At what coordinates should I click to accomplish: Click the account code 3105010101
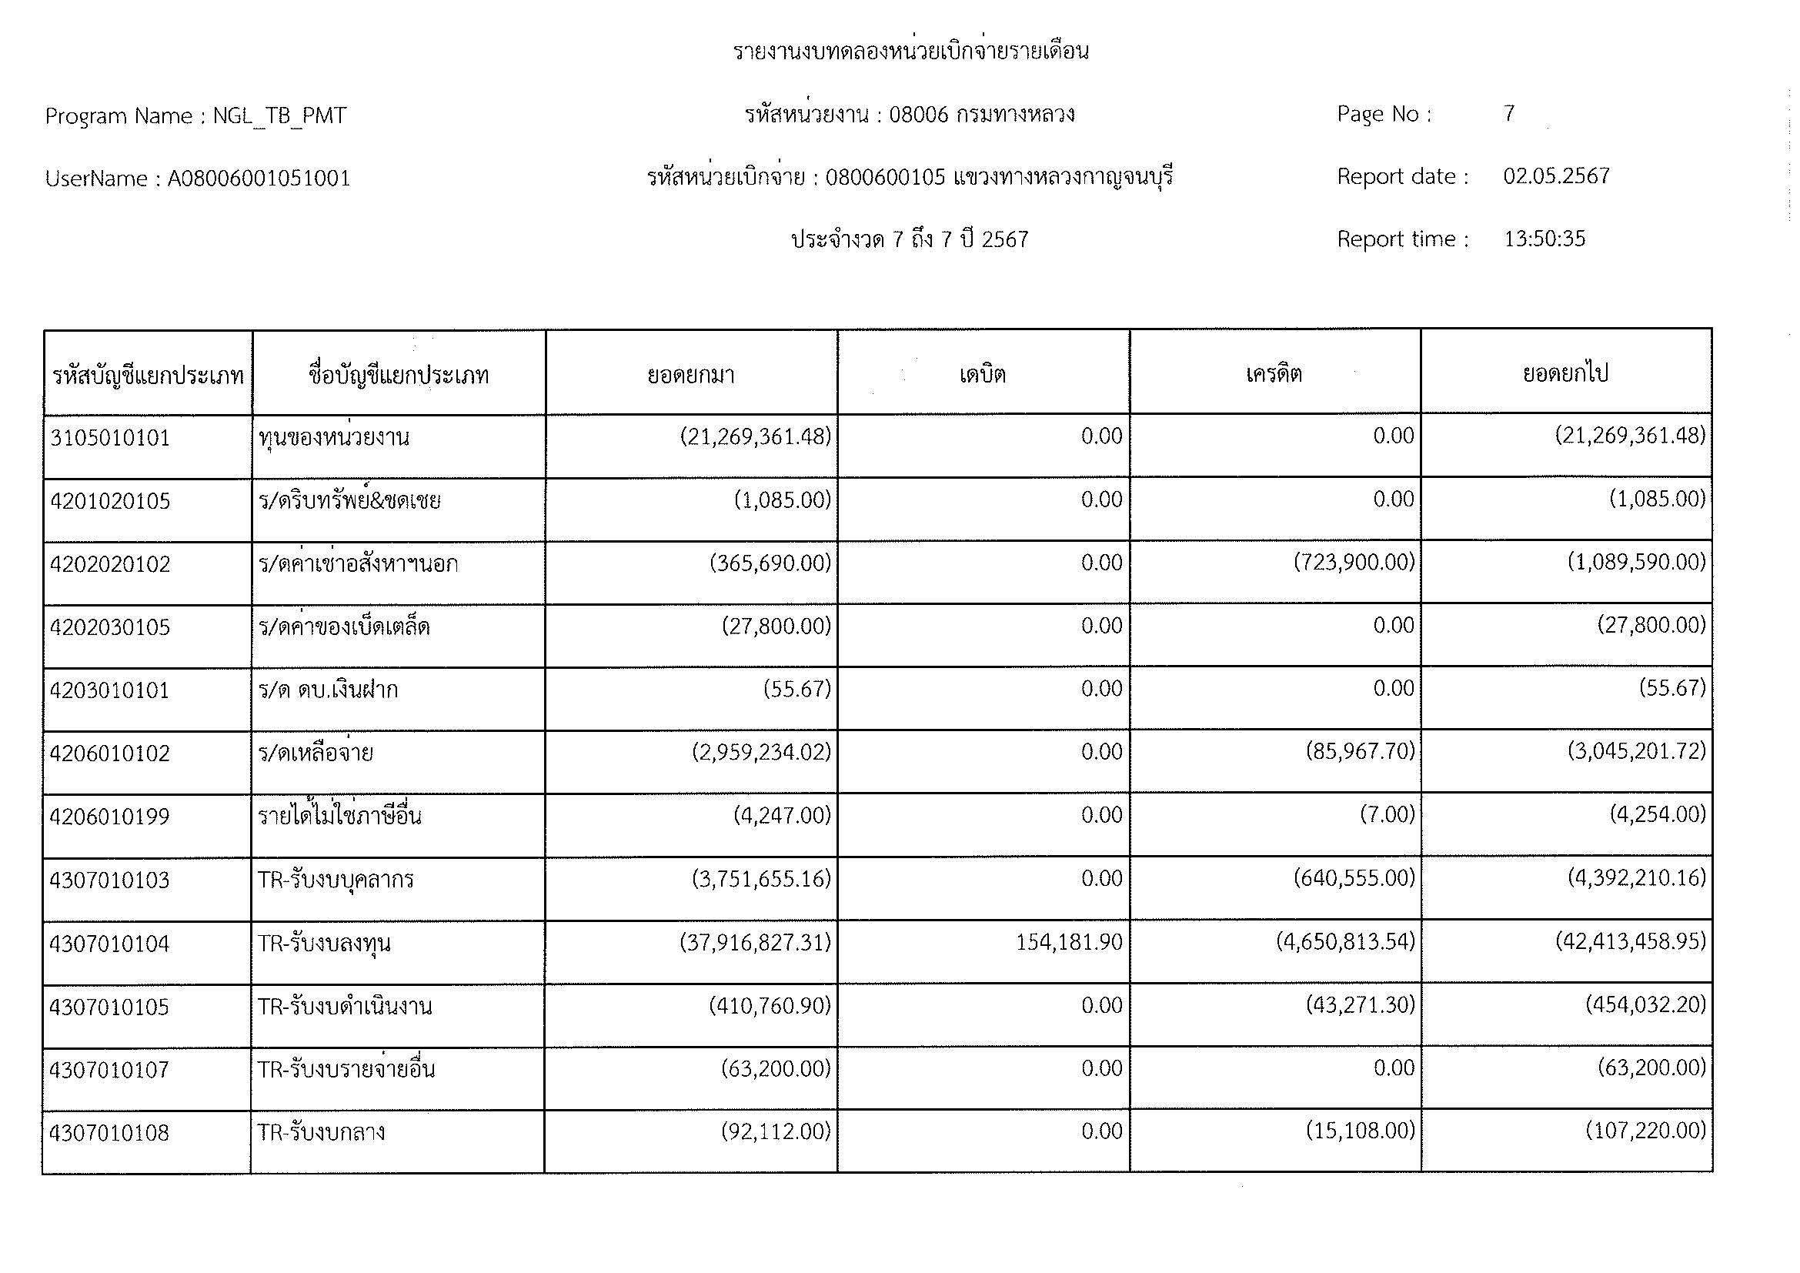(x=110, y=438)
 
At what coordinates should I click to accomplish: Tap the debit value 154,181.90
(x=1069, y=942)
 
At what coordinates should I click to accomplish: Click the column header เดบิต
(x=982, y=375)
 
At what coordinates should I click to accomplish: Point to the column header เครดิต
(x=1274, y=374)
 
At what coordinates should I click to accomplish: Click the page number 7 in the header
(x=1509, y=115)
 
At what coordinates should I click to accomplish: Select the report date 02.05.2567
(x=1556, y=176)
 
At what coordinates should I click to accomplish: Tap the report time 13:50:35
(x=1544, y=239)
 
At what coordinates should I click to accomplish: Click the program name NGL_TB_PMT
(x=279, y=116)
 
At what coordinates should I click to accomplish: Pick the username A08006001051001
(x=259, y=179)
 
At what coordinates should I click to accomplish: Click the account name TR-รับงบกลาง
(x=322, y=1133)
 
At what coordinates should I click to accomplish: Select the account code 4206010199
(x=110, y=817)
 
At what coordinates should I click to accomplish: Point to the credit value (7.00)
(x=1387, y=815)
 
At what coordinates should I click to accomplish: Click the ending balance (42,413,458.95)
(x=1630, y=941)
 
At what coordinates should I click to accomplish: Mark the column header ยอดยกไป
(x=1565, y=374)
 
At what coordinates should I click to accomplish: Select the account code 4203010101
(x=110, y=690)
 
